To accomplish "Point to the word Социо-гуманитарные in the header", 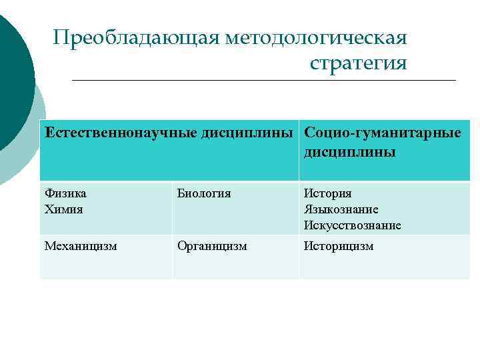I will (x=382, y=133).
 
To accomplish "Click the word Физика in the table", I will (x=65, y=193).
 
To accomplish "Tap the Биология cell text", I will (x=203, y=193).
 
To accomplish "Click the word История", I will (x=327, y=193).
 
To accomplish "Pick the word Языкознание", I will (x=341, y=209).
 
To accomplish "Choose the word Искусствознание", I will (x=353, y=225).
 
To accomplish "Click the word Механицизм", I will (x=81, y=246).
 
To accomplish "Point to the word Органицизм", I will (x=212, y=246).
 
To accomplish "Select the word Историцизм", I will (x=339, y=246).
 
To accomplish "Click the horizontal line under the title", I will (x=263, y=81).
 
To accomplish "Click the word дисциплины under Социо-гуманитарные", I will (x=349, y=152).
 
